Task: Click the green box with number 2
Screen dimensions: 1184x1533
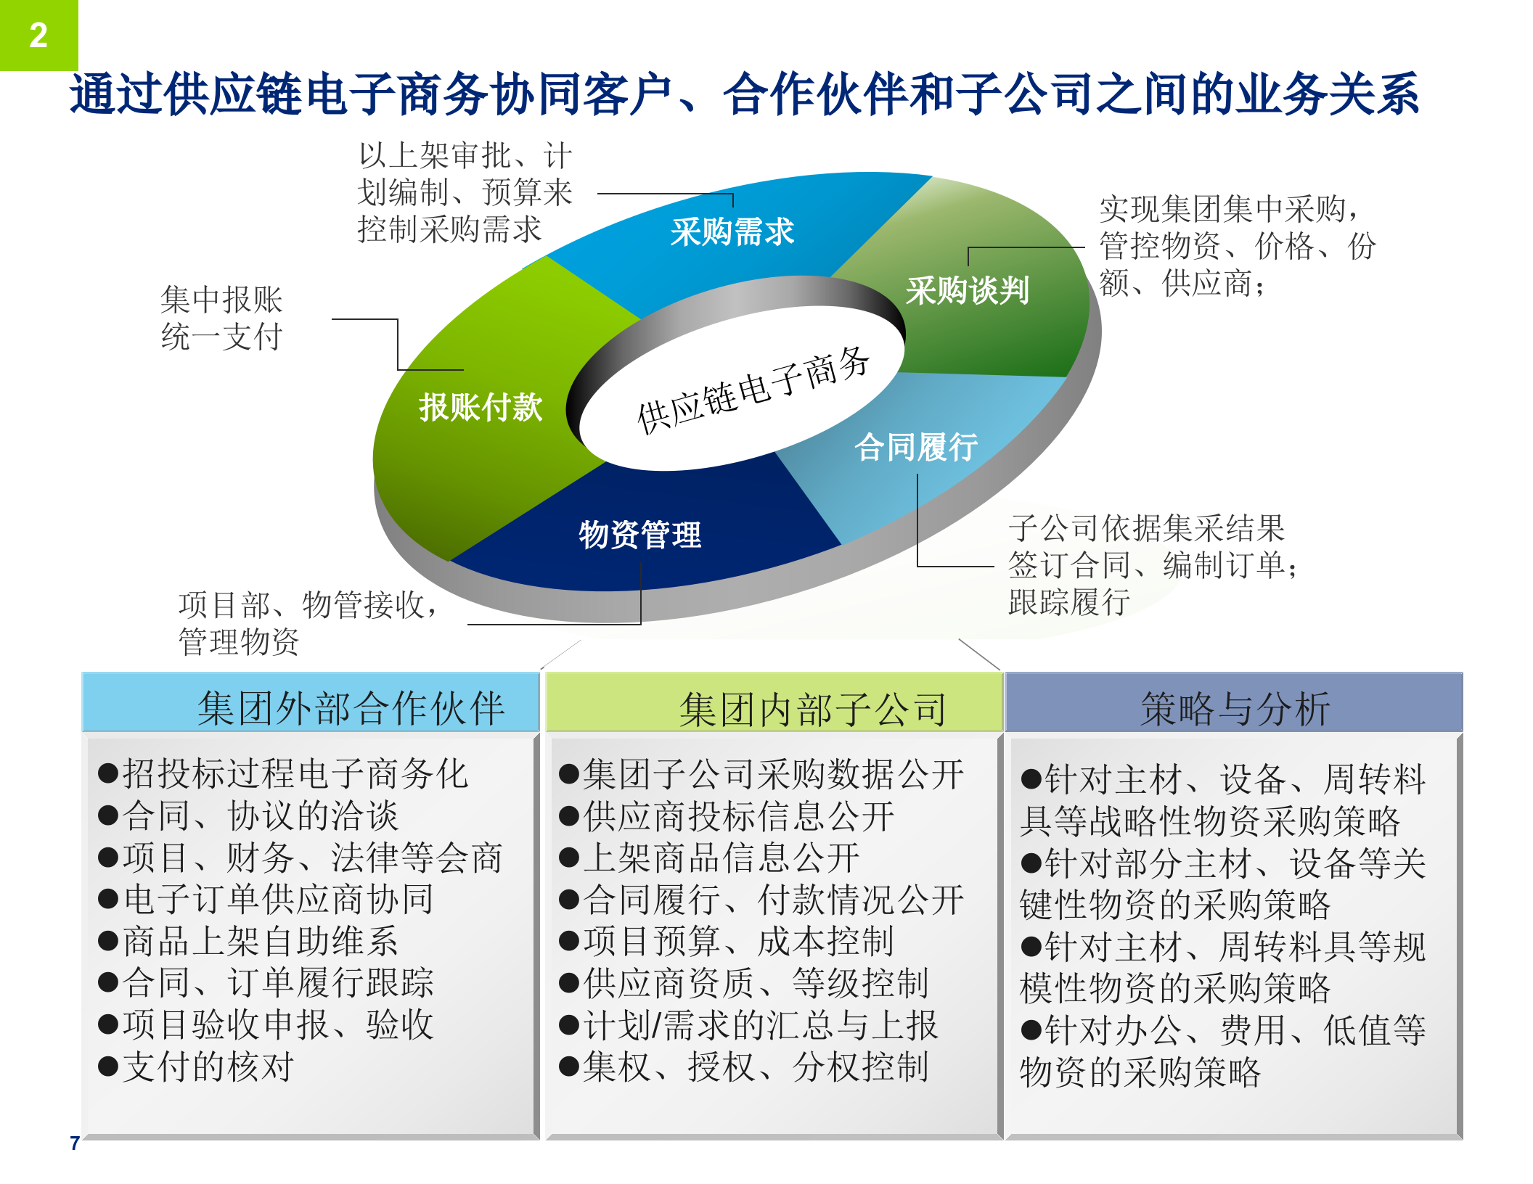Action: tap(38, 35)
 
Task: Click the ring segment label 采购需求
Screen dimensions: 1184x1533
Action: tap(732, 232)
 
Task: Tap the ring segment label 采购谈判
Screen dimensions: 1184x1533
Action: tap(967, 291)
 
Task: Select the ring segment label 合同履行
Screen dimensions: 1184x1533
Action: tap(916, 447)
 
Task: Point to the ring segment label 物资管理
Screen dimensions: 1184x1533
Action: tap(640, 535)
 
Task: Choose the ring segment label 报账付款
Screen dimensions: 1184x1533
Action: tap(481, 407)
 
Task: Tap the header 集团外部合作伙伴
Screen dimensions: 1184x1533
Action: tap(350, 708)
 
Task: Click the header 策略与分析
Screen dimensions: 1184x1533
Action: tap(1234, 708)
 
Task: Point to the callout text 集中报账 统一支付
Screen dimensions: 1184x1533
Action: tap(221, 318)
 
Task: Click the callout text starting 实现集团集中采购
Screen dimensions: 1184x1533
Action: tap(1234, 245)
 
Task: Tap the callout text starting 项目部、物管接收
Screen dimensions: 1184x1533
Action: tap(308, 622)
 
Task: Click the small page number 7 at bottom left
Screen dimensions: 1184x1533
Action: tap(75, 1143)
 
